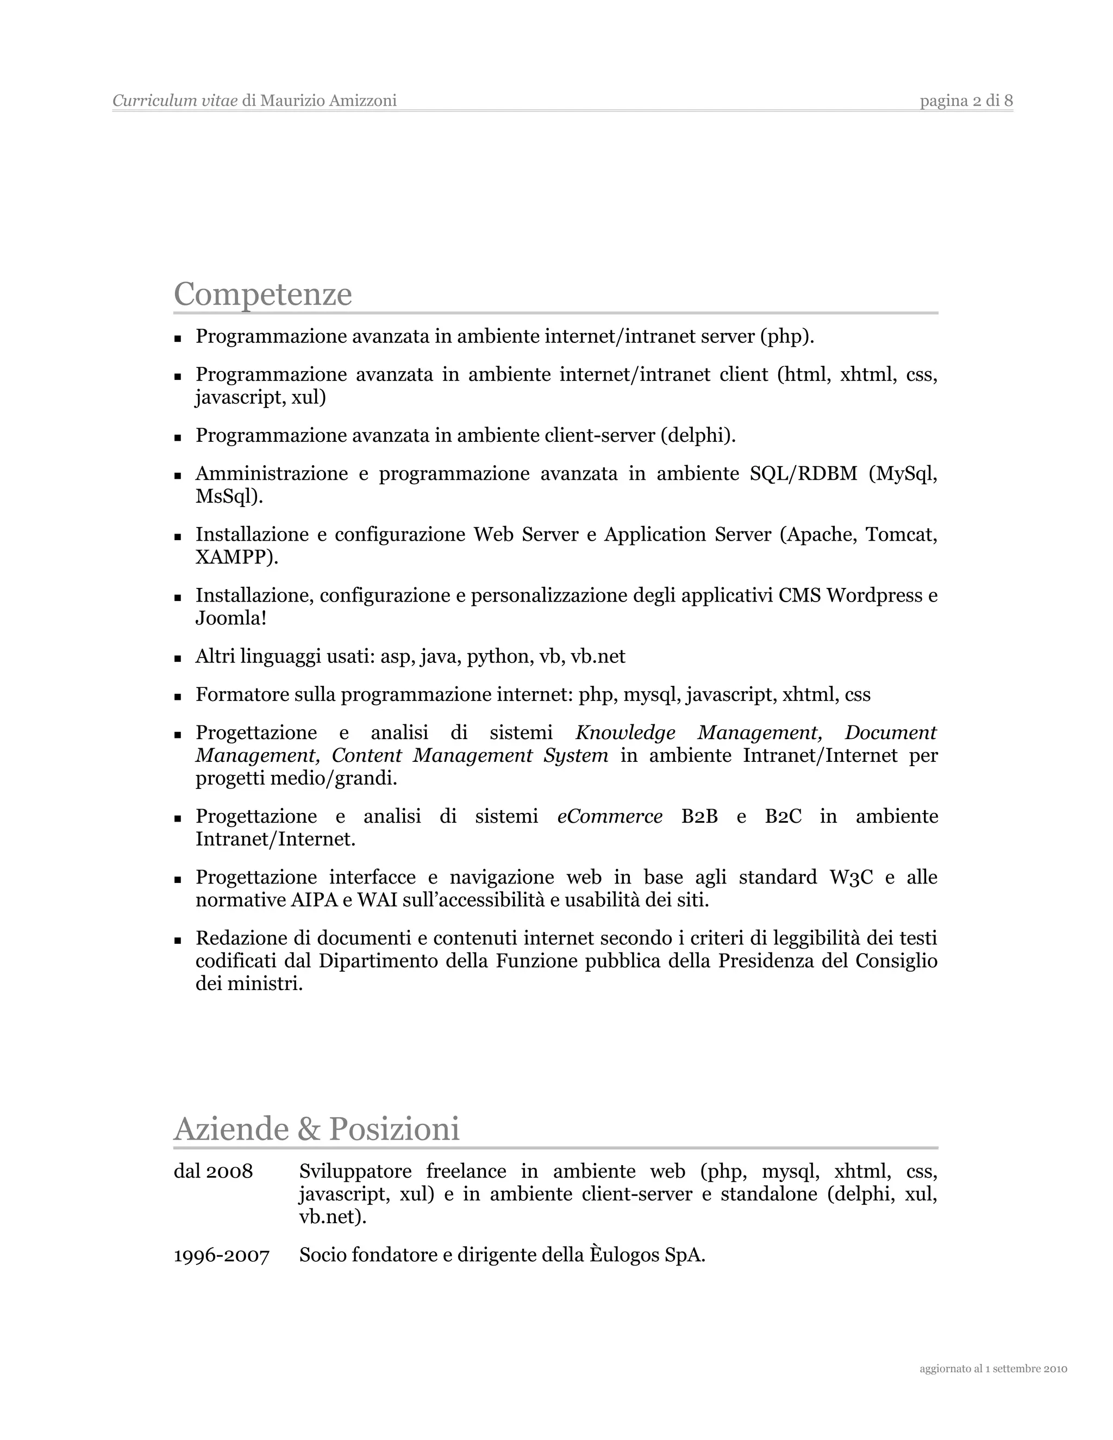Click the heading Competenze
(x=262, y=294)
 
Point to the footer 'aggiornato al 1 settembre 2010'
(x=993, y=1369)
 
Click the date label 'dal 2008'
(x=213, y=1172)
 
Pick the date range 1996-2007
(x=222, y=1255)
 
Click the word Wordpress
(x=874, y=596)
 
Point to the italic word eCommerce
(x=609, y=816)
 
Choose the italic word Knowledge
(x=625, y=732)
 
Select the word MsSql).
(x=229, y=497)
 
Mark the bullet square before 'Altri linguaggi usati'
(x=177, y=658)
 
